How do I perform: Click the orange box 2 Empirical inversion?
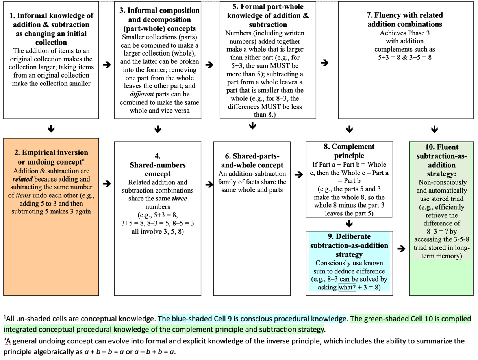click(x=51, y=217)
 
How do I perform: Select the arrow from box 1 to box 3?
click(x=107, y=65)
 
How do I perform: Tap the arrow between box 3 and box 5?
click(x=209, y=65)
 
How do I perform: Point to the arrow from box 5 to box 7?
click(x=324, y=63)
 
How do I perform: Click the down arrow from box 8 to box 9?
click(x=349, y=224)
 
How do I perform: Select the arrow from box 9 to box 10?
click(x=401, y=249)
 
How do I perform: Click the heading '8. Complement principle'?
click(x=349, y=151)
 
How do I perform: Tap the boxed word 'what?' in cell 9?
click(x=347, y=288)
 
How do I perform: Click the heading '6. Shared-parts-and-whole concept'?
click(x=252, y=161)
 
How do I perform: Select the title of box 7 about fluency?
click(x=405, y=20)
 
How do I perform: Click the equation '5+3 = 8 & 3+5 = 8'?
click(x=405, y=58)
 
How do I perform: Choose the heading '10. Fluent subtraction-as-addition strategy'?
click(x=442, y=160)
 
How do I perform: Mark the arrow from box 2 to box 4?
click(x=107, y=184)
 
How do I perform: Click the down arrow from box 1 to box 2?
click(x=51, y=129)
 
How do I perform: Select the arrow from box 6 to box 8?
click(x=299, y=174)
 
